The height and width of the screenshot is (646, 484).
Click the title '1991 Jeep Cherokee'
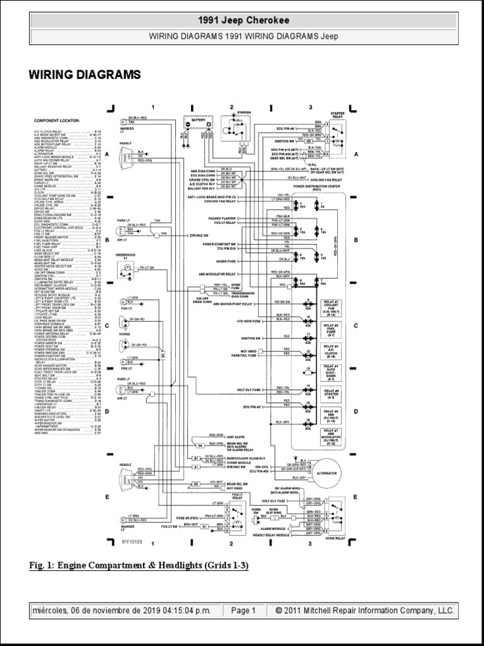(243, 21)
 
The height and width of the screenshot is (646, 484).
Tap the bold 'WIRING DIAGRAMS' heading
(84, 75)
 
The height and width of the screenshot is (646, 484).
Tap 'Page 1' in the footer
(243, 611)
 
